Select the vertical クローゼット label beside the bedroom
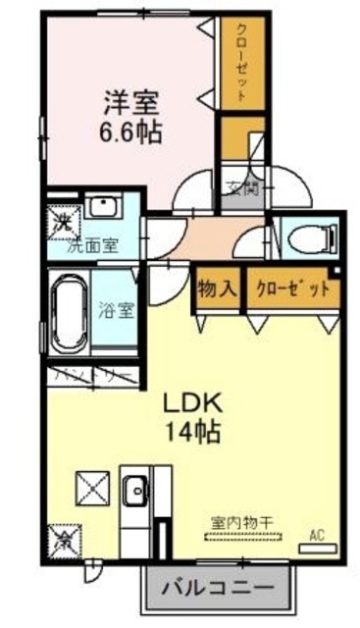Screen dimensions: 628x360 click(x=239, y=61)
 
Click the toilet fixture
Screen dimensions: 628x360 click(x=315, y=235)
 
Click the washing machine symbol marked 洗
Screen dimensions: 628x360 click(x=61, y=223)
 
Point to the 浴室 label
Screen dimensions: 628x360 click(x=122, y=310)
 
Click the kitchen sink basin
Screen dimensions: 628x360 click(x=135, y=487)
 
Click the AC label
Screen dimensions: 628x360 click(x=316, y=535)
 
